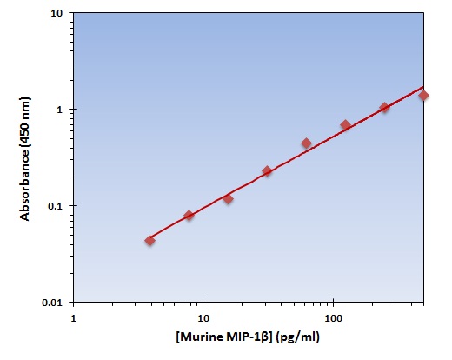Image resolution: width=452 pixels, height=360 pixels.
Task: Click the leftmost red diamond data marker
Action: [150, 240]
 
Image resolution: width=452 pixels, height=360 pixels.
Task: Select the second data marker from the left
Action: [189, 215]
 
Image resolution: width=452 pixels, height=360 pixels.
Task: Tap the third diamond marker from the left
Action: [228, 199]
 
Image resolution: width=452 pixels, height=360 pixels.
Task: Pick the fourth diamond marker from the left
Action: [267, 171]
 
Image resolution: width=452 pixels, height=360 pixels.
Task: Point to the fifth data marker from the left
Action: [306, 143]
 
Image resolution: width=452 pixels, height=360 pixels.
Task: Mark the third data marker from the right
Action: [345, 125]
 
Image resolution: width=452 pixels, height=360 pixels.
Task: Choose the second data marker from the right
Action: [384, 108]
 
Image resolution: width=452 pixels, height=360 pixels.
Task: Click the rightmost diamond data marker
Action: [423, 96]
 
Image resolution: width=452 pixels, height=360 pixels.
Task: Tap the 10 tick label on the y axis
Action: [56, 14]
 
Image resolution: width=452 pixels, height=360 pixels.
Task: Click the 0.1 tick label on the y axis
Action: [53, 206]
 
